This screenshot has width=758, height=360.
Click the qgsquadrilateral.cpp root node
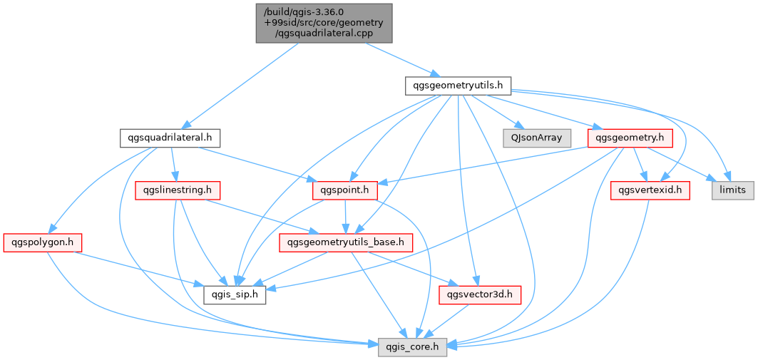324,24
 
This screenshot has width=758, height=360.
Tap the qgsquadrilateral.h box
170,139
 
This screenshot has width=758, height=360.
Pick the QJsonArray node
537,139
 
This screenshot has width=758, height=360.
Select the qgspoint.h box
344,191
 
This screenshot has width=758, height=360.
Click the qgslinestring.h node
178,191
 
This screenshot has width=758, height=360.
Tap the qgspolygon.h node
43,242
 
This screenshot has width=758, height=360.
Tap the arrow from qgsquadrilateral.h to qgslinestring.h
174,165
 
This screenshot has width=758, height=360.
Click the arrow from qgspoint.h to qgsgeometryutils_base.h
345,217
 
